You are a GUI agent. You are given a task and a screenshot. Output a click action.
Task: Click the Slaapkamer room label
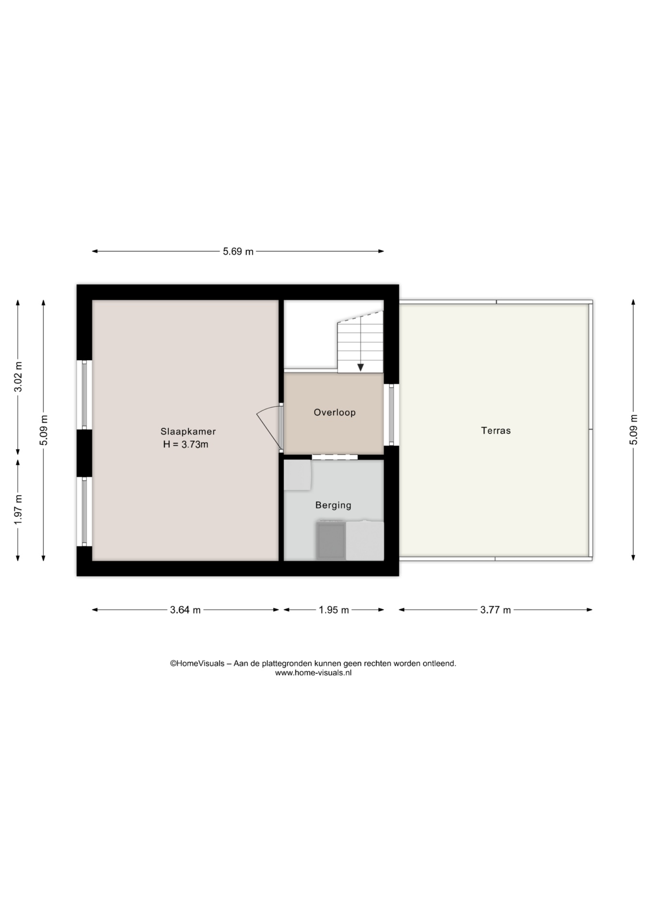click(x=188, y=432)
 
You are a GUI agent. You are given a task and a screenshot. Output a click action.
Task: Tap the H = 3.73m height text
click(x=186, y=444)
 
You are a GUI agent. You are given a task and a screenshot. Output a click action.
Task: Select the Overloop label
click(x=335, y=413)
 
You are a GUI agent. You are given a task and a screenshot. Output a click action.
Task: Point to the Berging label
click(x=333, y=505)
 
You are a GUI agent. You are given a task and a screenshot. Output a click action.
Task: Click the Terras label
click(x=496, y=431)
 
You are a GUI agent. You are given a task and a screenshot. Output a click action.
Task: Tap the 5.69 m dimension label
click(x=238, y=251)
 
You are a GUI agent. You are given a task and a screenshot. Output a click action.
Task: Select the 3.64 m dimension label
click(x=186, y=610)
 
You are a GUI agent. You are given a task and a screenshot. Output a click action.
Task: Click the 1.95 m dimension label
click(x=334, y=610)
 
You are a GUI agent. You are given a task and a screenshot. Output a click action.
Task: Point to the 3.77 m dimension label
click(x=496, y=610)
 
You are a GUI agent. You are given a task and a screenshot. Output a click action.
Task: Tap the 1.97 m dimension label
click(x=18, y=509)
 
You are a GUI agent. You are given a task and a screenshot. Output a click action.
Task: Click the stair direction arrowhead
click(x=360, y=367)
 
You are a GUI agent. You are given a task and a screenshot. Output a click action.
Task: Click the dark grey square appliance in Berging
click(x=331, y=541)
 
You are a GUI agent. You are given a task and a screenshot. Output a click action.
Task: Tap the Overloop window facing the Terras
click(x=391, y=414)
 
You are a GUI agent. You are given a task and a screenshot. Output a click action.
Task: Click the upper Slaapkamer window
click(x=84, y=395)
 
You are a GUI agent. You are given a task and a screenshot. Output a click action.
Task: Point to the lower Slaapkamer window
click(x=84, y=511)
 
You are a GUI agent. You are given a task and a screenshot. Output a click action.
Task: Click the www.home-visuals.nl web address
click(x=313, y=673)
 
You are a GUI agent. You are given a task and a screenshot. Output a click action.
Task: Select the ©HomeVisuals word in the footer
click(x=197, y=664)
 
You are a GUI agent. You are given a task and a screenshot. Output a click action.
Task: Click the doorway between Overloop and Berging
click(x=335, y=457)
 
